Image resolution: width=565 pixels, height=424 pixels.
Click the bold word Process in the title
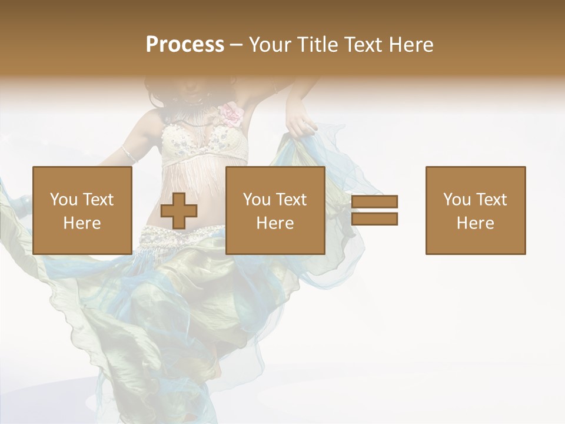[185, 45]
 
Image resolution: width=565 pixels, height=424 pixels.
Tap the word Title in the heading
[319, 45]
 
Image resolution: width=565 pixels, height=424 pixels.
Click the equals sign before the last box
[375, 210]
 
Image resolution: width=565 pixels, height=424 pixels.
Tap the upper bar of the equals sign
[375, 202]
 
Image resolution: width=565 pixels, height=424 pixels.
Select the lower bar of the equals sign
[375, 219]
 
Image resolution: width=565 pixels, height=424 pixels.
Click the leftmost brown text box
[82, 210]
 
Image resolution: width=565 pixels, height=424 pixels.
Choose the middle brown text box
[275, 210]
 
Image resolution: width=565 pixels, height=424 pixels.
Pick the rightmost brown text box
[476, 210]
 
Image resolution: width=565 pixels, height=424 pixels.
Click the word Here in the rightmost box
[476, 223]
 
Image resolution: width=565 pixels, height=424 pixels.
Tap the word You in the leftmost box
[64, 200]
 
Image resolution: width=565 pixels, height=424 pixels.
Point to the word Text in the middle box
[291, 200]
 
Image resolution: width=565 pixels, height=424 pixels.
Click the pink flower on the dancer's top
[231, 114]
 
